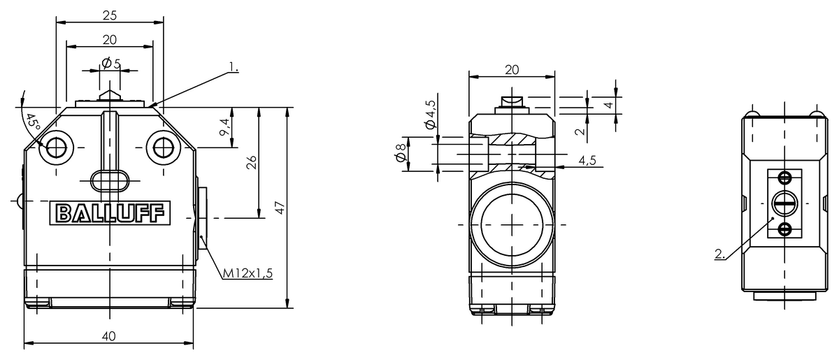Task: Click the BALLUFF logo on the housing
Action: pyautogui.click(x=110, y=213)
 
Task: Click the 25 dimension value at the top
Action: pyautogui.click(x=110, y=15)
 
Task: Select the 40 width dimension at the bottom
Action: pyautogui.click(x=109, y=336)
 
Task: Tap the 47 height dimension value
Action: pyautogui.click(x=280, y=208)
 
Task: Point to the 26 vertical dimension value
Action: pyautogui.click(x=252, y=162)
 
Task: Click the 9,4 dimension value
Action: pyautogui.click(x=224, y=127)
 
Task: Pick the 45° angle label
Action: pyautogui.click(x=33, y=122)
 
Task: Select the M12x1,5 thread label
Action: pyautogui.click(x=248, y=273)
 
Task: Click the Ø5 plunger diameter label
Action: pyautogui.click(x=111, y=64)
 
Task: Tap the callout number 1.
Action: pyautogui.click(x=234, y=67)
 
